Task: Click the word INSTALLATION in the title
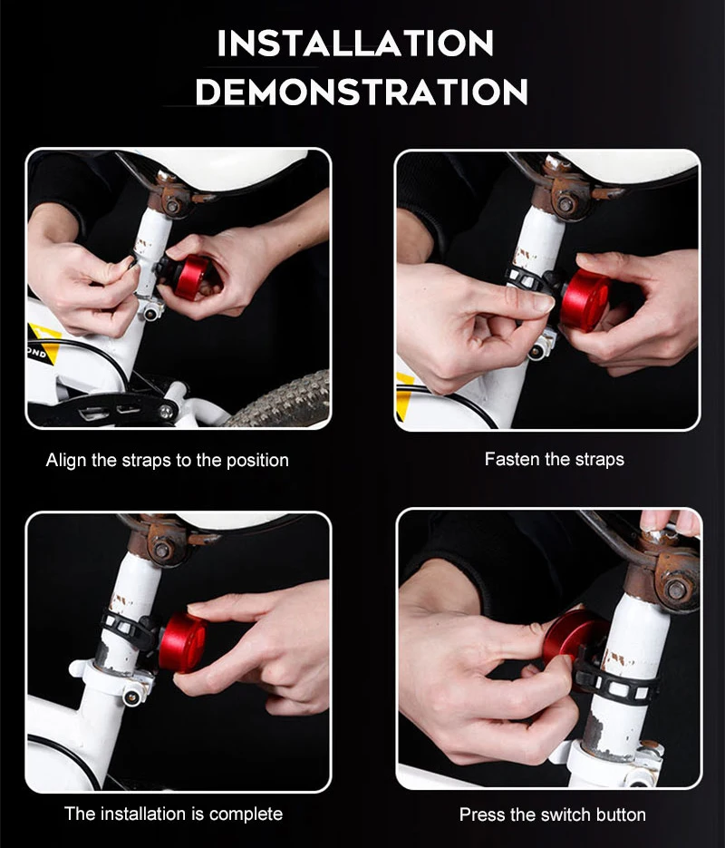(355, 44)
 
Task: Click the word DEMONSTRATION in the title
(362, 92)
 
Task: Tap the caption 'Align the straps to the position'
(168, 460)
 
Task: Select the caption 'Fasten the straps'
(555, 459)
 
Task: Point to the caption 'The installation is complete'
(173, 814)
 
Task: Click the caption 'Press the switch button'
(553, 814)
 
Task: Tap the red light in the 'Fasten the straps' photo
(585, 299)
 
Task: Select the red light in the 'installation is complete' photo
(182, 642)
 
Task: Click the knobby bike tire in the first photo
(284, 401)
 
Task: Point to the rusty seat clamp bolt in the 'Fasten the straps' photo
(565, 204)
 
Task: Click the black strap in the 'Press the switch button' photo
(616, 682)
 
